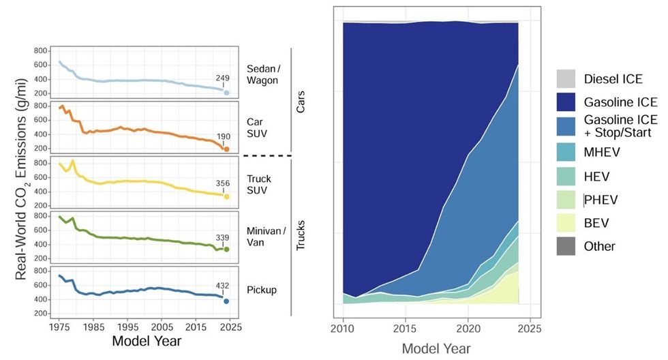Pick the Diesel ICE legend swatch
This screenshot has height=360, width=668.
click(566, 78)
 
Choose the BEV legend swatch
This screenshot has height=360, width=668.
click(566, 222)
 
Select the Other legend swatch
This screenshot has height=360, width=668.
click(566, 246)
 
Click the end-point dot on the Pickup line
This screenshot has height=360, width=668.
click(226, 301)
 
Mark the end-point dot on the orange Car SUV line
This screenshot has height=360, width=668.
click(226, 149)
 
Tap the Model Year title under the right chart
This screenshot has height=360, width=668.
click(436, 348)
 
